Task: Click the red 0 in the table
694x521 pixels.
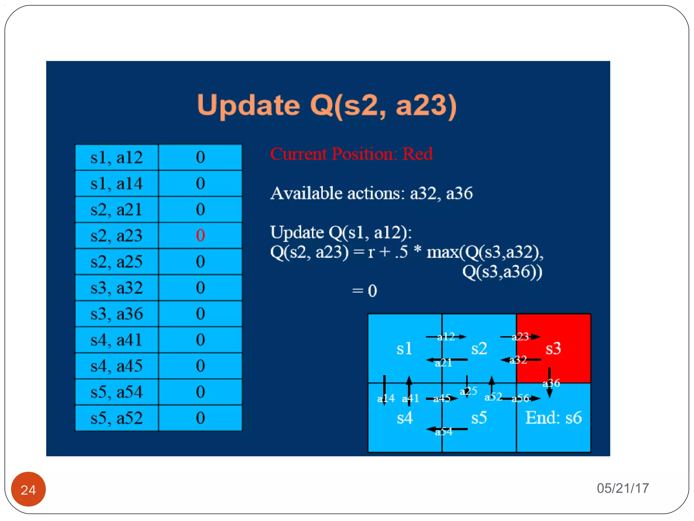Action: click(x=200, y=235)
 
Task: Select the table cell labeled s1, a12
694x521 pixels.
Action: click(x=117, y=157)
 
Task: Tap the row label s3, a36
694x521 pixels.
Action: click(x=117, y=314)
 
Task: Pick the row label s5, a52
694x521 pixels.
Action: click(x=117, y=418)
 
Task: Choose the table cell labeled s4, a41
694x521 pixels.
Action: click(x=117, y=340)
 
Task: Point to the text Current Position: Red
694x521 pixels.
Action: click(x=351, y=154)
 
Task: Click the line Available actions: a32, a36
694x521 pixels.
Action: click(x=371, y=193)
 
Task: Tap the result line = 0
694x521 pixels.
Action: click(x=364, y=291)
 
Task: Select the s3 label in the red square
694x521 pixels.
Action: click(x=553, y=348)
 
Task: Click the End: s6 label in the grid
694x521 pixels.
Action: click(x=553, y=418)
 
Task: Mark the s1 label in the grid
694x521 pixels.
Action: click(x=404, y=348)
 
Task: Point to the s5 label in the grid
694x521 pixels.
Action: click(x=479, y=418)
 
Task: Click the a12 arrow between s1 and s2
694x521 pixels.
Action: click(x=446, y=337)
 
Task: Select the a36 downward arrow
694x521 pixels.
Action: click(x=549, y=383)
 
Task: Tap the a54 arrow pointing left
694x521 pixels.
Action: click(x=446, y=429)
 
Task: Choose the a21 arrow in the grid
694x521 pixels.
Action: click(x=446, y=360)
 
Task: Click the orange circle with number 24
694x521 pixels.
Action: click(x=28, y=489)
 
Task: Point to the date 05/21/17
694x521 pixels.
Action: click(x=622, y=488)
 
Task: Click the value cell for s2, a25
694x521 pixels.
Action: click(x=200, y=262)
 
